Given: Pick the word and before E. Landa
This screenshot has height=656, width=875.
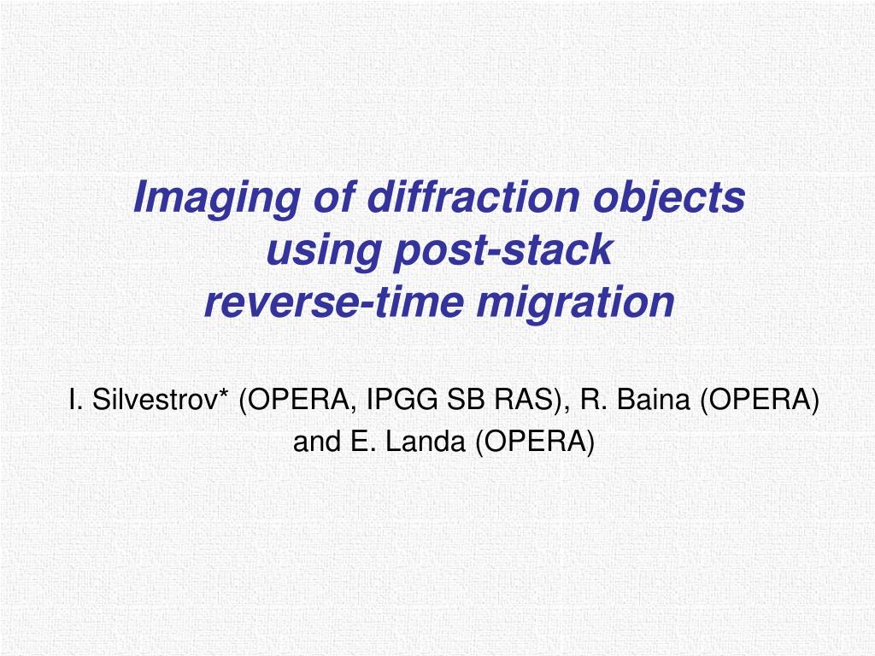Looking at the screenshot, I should coord(314,442).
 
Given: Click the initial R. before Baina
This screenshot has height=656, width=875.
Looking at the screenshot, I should coord(591,399).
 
